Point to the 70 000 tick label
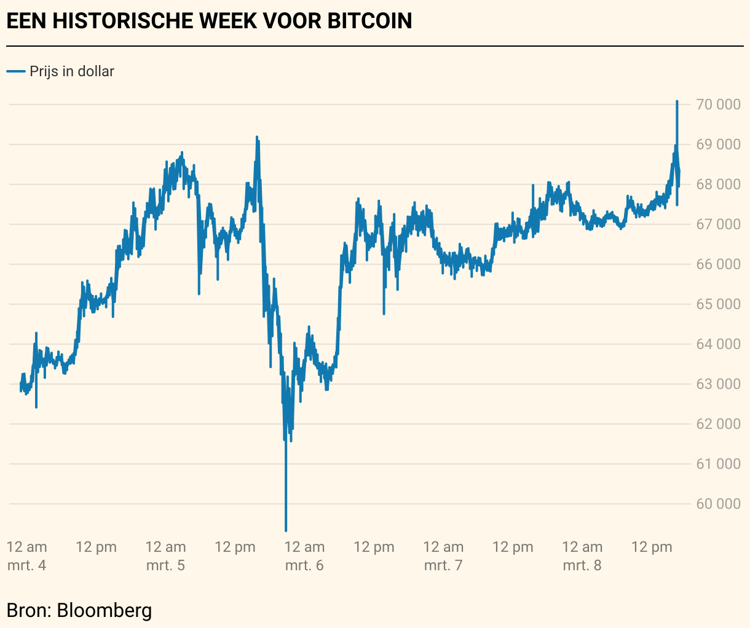point(718,104)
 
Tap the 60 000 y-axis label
point(718,504)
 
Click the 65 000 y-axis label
point(718,304)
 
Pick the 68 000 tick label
point(718,184)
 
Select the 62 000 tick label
point(718,424)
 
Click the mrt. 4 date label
point(27,565)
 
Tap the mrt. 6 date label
point(304,565)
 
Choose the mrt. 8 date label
point(582,565)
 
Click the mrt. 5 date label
point(165,565)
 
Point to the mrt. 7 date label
point(443,565)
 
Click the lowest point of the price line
point(286,530)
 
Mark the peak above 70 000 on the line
point(677,101)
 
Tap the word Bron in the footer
point(28,610)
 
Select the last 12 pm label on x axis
point(652,547)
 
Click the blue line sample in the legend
point(15,71)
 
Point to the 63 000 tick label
point(718,384)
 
